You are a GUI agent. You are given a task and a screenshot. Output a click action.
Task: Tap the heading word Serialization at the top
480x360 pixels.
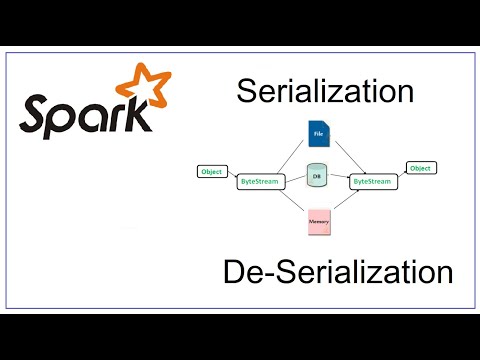325,93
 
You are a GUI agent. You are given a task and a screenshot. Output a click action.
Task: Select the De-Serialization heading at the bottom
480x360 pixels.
338,271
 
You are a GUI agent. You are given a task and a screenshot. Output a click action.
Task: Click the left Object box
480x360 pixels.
212,171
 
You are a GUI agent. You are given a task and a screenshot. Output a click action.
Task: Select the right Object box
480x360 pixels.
420,169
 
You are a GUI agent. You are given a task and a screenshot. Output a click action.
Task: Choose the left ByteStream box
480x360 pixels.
259,182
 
